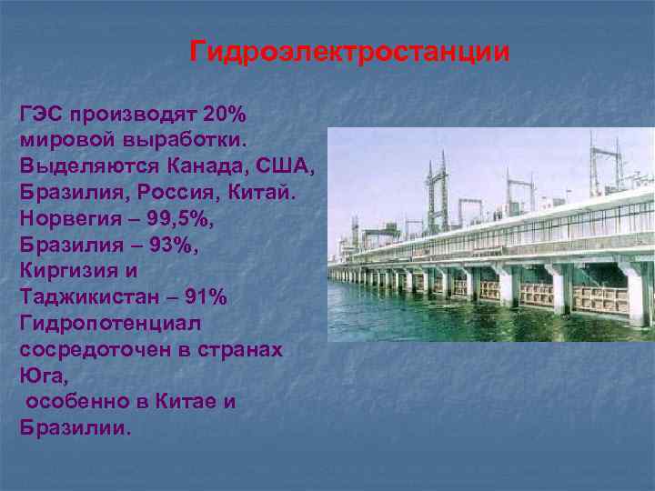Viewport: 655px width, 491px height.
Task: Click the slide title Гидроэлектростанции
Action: tap(349, 51)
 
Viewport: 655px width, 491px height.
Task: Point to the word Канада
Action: tap(198, 168)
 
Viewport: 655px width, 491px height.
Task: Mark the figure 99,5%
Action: tap(177, 220)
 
